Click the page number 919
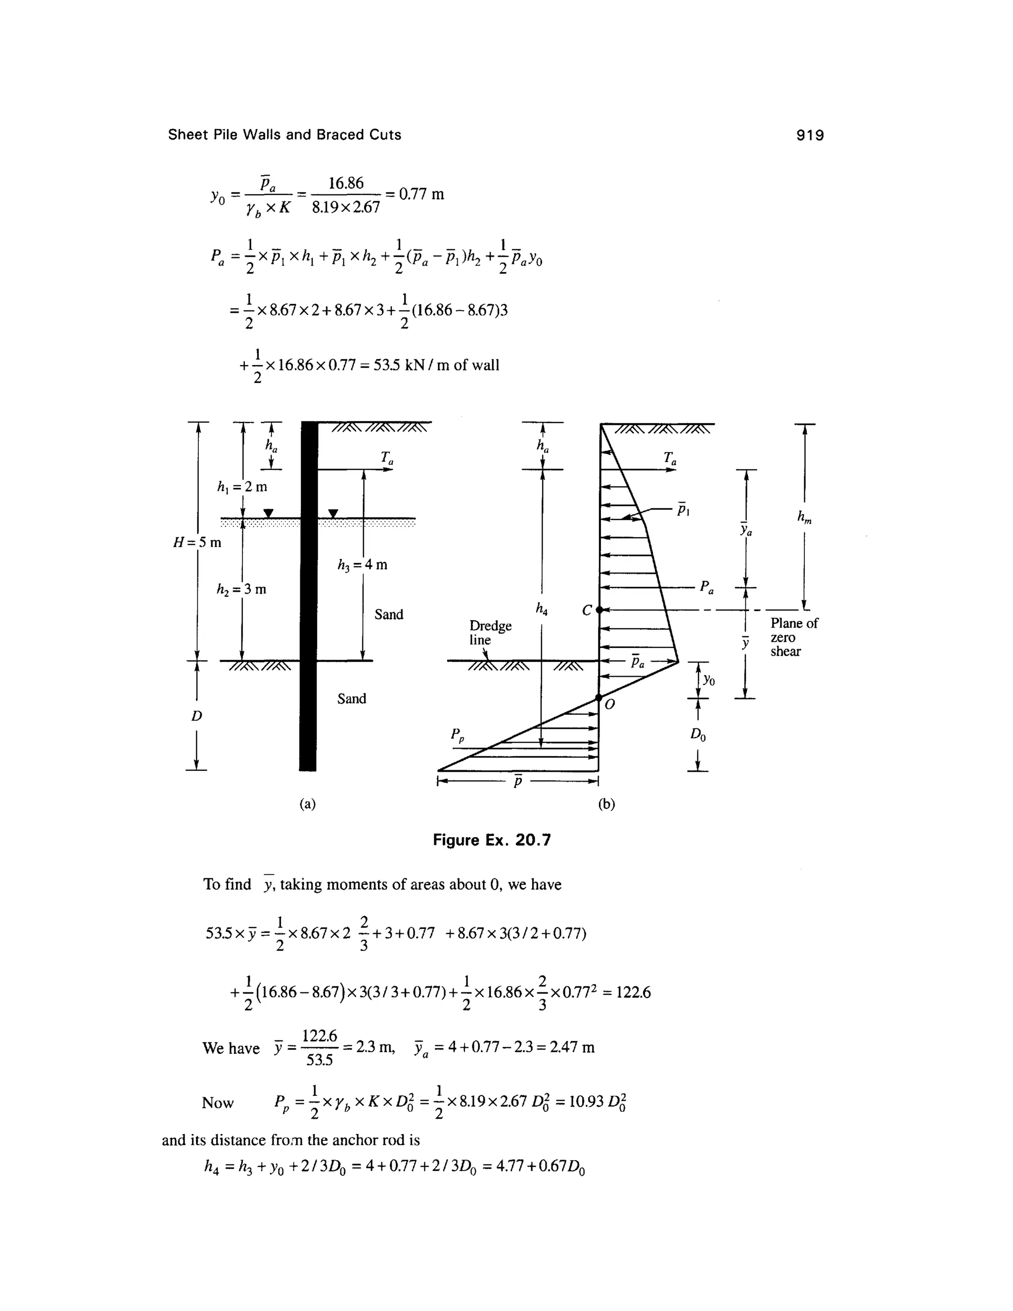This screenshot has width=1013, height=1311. pos(810,135)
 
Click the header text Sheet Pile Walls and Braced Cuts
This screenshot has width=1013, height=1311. pos(284,135)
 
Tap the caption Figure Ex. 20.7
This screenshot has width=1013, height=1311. pos(492,840)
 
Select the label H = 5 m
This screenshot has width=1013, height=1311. pos(197,543)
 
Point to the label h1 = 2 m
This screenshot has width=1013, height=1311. pos(242,487)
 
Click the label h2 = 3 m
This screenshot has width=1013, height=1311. pos(241,590)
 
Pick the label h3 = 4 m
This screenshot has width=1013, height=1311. pos(363,565)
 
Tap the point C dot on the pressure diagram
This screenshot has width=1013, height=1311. pos(599,610)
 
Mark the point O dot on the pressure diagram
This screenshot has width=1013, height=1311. pos(599,698)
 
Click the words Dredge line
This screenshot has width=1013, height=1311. pos(490,633)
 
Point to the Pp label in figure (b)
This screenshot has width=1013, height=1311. pos(458,734)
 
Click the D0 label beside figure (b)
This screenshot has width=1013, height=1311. pos(697,734)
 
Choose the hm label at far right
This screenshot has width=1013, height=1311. pos(804,517)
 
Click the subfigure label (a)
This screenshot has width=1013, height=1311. pos(307,804)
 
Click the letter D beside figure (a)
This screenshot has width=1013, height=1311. pos(197,716)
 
